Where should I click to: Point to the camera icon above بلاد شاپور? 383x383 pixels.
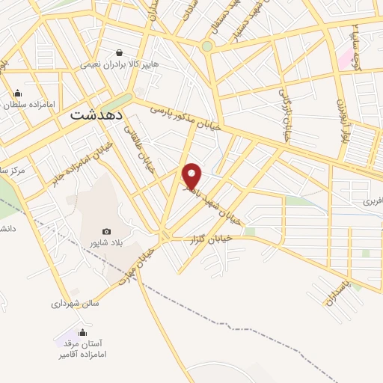pos(106,232)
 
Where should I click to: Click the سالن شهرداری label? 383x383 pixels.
pos(75,304)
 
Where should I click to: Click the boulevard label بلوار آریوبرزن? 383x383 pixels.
pos(340,121)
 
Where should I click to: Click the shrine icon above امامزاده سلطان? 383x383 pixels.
pos(17,94)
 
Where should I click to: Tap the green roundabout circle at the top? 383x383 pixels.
pos(207,46)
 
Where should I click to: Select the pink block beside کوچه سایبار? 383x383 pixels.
pos(346,61)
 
